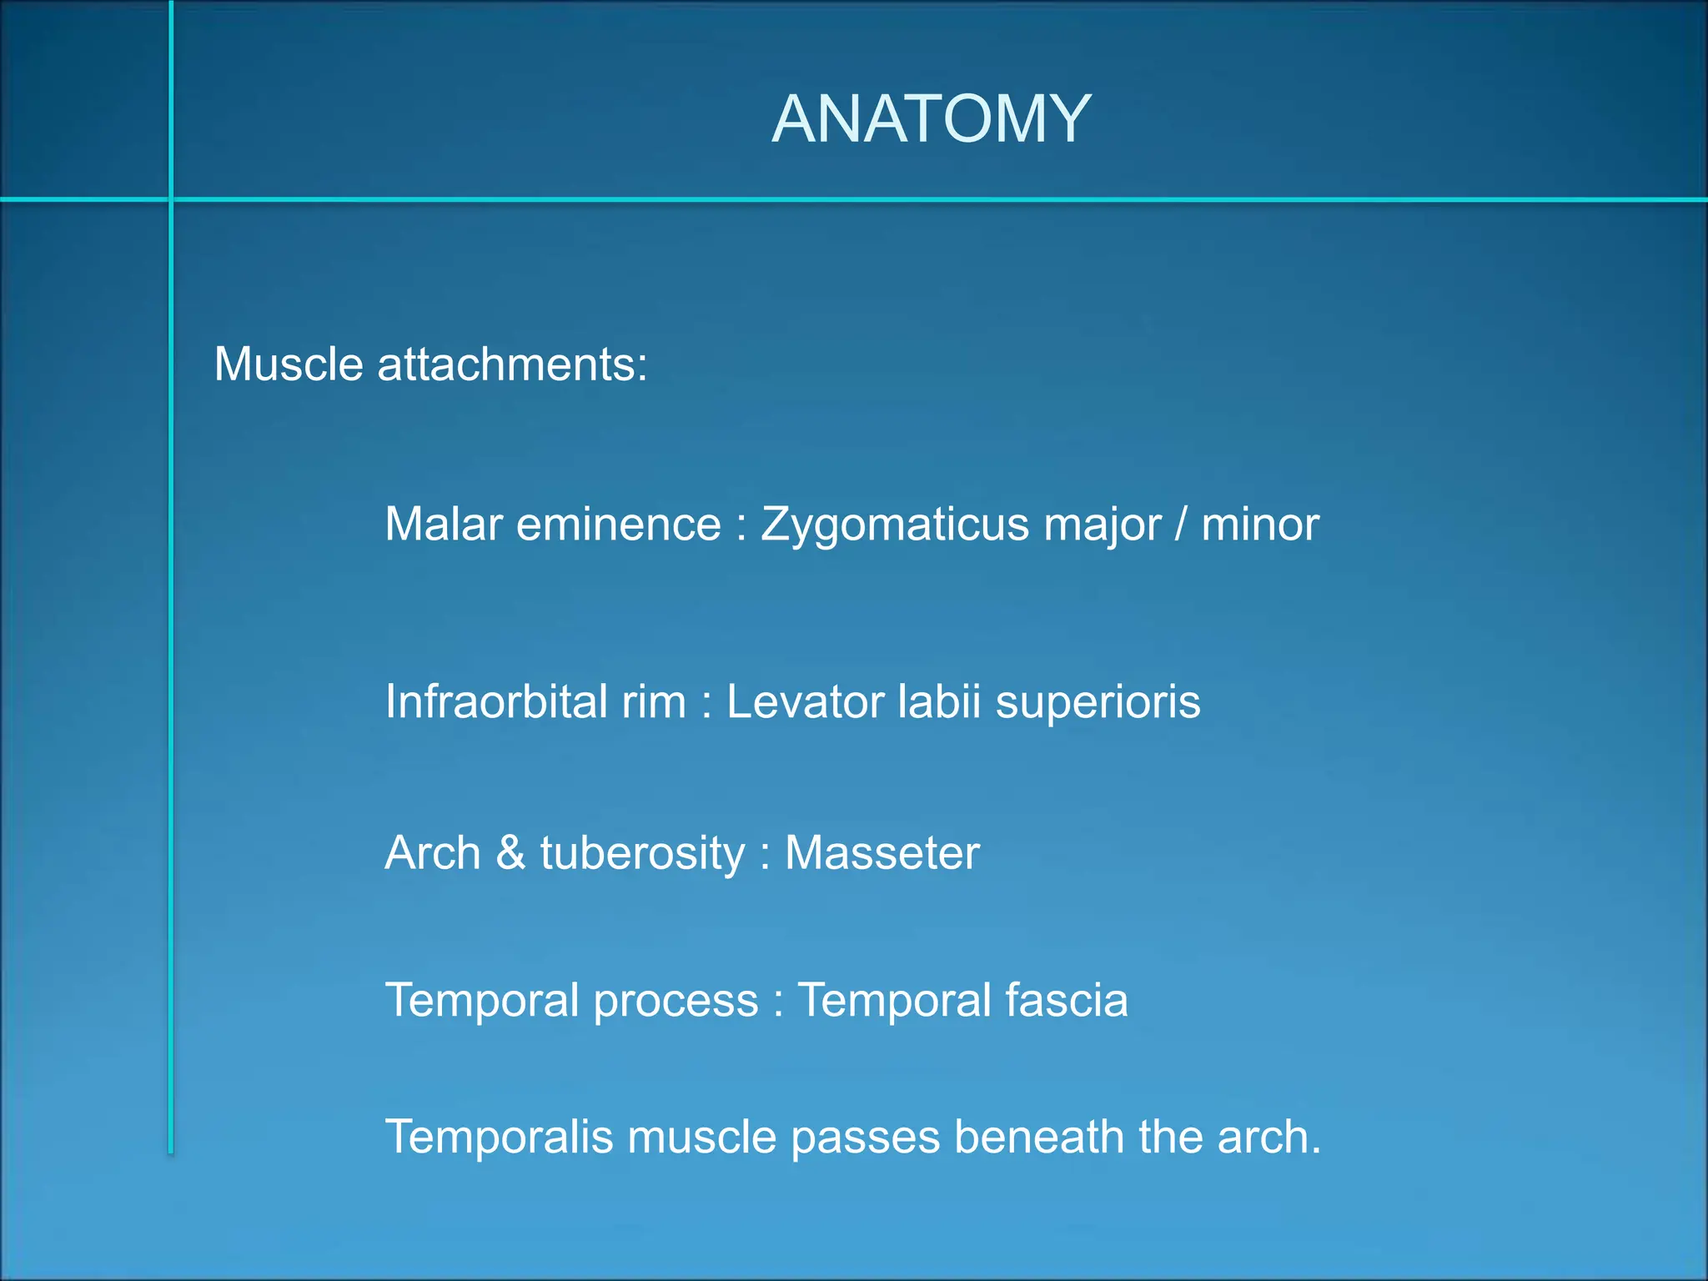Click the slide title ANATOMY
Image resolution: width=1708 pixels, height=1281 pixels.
click(931, 119)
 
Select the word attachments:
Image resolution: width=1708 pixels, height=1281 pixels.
click(512, 364)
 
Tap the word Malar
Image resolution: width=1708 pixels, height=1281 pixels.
click(444, 525)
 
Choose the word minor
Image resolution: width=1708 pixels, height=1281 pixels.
click(1260, 525)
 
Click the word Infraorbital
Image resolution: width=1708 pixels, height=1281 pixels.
click(495, 701)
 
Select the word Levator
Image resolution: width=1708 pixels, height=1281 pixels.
click(805, 701)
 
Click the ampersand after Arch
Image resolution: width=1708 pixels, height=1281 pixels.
click(510, 853)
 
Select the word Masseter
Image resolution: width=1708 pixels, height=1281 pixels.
click(882, 853)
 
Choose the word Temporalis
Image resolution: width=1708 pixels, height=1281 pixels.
click(499, 1138)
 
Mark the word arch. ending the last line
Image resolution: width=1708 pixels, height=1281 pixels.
click(1268, 1137)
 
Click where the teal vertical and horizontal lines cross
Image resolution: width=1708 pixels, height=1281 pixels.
click(171, 199)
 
